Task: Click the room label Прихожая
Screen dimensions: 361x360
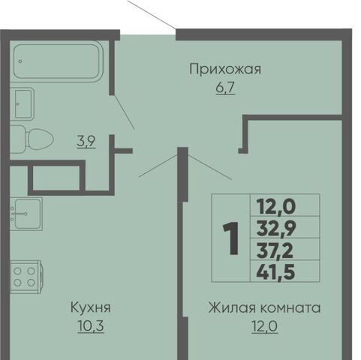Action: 225,69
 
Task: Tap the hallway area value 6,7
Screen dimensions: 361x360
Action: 225,88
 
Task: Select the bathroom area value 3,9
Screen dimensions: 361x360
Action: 86,142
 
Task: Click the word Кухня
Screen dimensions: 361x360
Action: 91,307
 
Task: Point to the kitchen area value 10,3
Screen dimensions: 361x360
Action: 91,326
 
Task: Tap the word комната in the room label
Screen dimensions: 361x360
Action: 290,308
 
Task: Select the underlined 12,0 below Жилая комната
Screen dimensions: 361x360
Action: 265,326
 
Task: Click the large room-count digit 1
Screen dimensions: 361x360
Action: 231,238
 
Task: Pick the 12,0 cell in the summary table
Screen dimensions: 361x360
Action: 275,206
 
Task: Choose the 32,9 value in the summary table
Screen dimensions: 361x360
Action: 276,228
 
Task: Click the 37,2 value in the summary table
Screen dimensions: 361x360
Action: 275,250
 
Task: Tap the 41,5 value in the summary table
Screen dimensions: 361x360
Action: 275,271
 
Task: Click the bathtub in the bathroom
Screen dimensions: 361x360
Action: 58,61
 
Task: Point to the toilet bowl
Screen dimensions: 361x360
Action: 32,139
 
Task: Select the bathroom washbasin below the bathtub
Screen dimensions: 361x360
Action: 22,103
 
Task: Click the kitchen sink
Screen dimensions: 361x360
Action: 26,214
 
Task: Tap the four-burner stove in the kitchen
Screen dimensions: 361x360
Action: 26,277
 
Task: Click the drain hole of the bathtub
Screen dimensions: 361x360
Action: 20,61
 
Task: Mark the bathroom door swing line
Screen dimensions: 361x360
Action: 125,112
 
